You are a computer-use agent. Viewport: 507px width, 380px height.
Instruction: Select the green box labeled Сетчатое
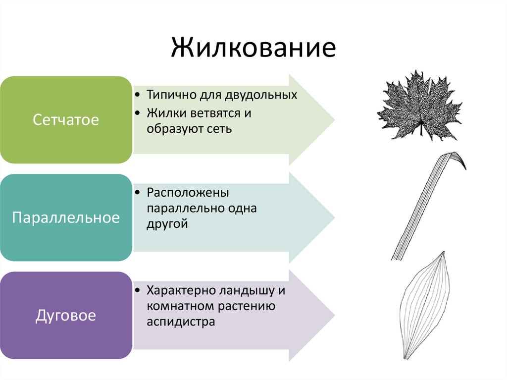[66, 119]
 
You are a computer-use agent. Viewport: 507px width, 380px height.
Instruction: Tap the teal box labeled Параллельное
[66, 217]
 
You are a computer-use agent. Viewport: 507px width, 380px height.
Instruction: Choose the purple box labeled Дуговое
[66, 315]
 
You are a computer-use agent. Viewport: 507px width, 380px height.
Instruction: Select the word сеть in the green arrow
[220, 128]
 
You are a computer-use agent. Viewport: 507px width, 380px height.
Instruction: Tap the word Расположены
[187, 192]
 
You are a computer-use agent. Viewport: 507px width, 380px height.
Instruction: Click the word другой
[167, 224]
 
